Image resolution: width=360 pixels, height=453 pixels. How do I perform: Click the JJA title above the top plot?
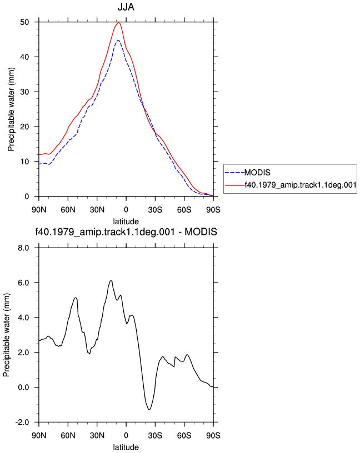(126, 7)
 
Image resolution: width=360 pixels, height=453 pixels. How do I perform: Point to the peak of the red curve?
(118, 22)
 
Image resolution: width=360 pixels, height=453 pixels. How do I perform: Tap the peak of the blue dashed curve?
(118, 41)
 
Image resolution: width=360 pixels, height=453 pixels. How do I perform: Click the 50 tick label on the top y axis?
(24, 22)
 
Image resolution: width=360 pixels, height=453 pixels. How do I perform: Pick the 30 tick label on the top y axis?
(24, 92)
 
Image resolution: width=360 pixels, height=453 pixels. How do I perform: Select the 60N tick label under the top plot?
(68, 209)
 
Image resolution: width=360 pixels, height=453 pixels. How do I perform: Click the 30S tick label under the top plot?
(155, 209)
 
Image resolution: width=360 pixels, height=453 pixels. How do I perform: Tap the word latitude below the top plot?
(126, 222)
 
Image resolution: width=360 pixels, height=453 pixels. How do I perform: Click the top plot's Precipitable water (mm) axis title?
(11, 109)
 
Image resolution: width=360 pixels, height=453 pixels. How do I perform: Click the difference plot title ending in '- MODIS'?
(126, 231)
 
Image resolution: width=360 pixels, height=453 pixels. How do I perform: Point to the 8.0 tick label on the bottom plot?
(23, 248)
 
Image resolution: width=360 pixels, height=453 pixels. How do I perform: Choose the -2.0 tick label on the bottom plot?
(22, 422)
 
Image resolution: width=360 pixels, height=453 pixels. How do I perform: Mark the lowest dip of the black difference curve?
(149, 410)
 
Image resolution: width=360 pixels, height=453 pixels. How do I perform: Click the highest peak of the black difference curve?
(111, 280)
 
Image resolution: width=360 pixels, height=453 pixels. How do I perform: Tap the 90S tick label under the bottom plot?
(213, 435)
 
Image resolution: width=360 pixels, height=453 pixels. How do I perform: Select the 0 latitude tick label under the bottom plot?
(126, 435)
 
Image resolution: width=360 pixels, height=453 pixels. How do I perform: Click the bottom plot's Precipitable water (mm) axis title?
(6, 335)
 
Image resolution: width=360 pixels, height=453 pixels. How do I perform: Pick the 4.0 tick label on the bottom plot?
(23, 318)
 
